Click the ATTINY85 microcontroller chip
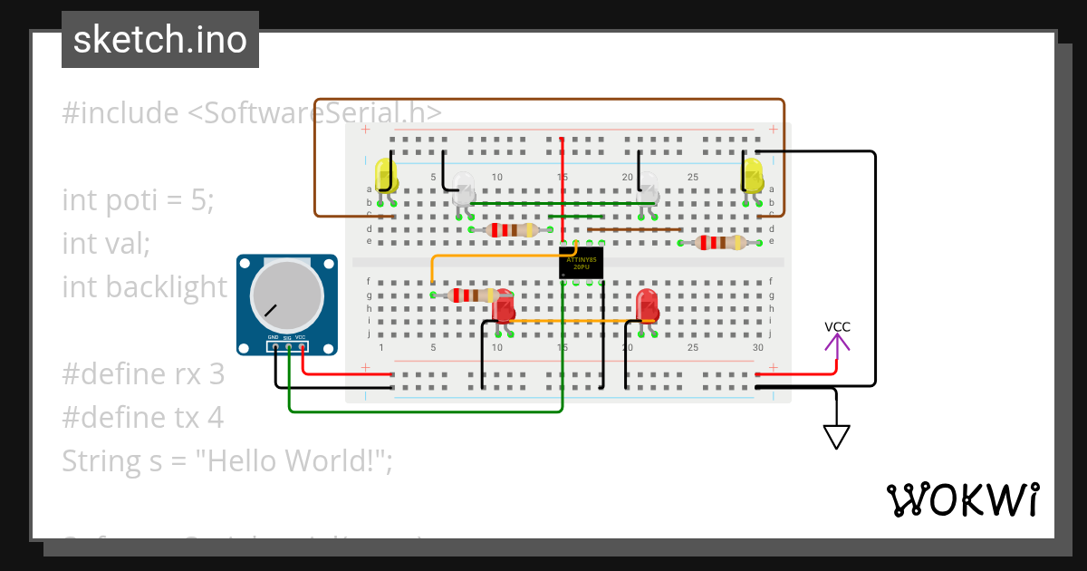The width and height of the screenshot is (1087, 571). pyautogui.click(x=582, y=264)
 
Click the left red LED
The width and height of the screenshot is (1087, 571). pyautogui.click(x=503, y=306)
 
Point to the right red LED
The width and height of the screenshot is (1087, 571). pyautogui.click(x=647, y=305)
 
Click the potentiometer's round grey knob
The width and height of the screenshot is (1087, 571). pyautogui.click(x=286, y=297)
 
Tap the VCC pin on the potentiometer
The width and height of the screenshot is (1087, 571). pyautogui.click(x=302, y=345)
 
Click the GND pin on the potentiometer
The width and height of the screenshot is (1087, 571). pyautogui.click(x=274, y=345)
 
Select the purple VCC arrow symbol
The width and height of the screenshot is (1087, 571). pyautogui.click(x=837, y=341)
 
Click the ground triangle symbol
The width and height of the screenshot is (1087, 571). pyautogui.click(x=837, y=437)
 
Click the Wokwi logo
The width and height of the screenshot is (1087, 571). pyautogui.click(x=962, y=499)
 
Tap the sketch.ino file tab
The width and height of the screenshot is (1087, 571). pyautogui.click(x=160, y=40)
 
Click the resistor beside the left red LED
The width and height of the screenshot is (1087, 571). pyautogui.click(x=464, y=295)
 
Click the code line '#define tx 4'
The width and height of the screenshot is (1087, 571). pyautogui.click(x=142, y=417)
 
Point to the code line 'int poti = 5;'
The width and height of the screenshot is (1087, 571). pyautogui.click(x=138, y=199)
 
